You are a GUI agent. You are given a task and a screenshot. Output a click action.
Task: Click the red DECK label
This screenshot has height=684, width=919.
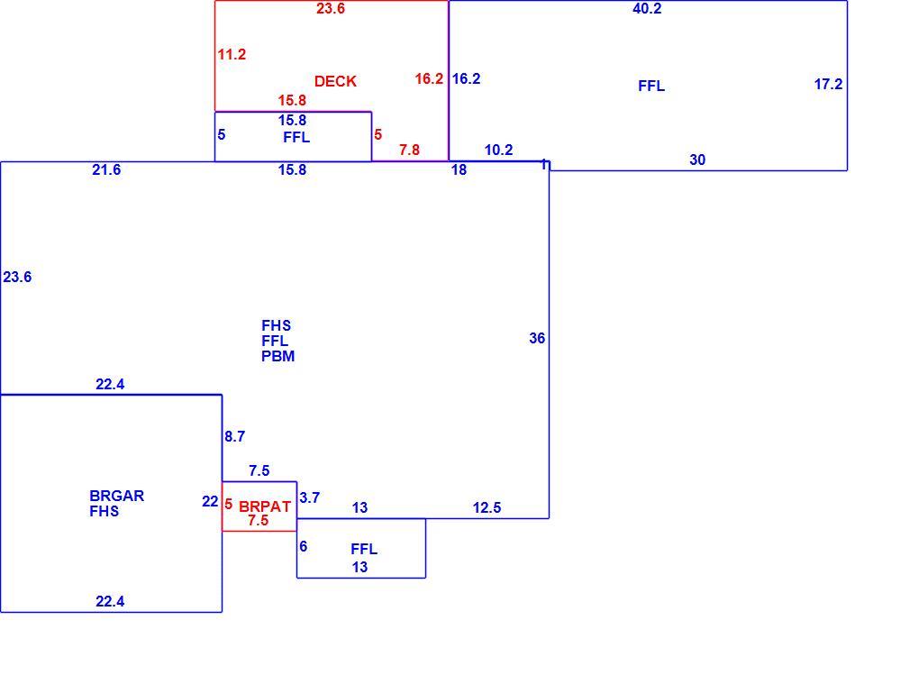(x=335, y=81)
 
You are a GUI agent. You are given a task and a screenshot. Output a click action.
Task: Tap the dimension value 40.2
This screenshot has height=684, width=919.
(x=647, y=8)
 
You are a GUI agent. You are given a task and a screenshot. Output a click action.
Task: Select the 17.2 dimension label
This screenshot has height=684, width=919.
(x=828, y=84)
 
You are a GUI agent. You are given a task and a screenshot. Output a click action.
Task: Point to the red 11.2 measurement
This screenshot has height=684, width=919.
(x=232, y=54)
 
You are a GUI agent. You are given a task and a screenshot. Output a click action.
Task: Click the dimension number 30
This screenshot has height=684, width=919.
(x=697, y=160)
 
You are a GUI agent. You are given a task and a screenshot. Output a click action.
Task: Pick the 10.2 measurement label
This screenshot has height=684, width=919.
(x=499, y=150)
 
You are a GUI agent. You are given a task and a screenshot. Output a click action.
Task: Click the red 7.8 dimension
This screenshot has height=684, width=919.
(x=409, y=150)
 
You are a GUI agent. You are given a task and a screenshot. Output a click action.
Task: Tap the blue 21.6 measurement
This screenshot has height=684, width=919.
(x=106, y=170)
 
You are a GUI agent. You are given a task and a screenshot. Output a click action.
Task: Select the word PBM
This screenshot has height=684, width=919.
(x=278, y=356)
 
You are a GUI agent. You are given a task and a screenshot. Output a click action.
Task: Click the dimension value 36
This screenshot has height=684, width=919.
(x=537, y=338)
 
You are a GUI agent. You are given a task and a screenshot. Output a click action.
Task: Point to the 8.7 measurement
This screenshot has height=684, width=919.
(x=234, y=436)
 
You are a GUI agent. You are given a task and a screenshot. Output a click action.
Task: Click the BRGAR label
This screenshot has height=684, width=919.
(x=116, y=496)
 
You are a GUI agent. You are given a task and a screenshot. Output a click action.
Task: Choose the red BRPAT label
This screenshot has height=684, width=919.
(x=265, y=507)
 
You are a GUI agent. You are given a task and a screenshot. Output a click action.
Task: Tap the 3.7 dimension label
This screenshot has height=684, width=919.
(x=309, y=497)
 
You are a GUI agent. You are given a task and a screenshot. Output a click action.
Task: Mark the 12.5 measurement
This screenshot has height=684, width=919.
(x=487, y=507)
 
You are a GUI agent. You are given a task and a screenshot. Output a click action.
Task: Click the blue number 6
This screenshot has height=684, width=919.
(x=303, y=546)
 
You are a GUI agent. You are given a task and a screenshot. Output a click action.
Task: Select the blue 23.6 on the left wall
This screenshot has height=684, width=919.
(x=17, y=277)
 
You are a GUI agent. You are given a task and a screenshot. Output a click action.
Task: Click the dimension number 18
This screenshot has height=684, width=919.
(x=459, y=170)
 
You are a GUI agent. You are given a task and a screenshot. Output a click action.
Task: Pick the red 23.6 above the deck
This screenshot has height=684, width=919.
(x=331, y=8)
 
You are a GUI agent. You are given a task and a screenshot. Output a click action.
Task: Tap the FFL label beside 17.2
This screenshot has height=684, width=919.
(x=651, y=87)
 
